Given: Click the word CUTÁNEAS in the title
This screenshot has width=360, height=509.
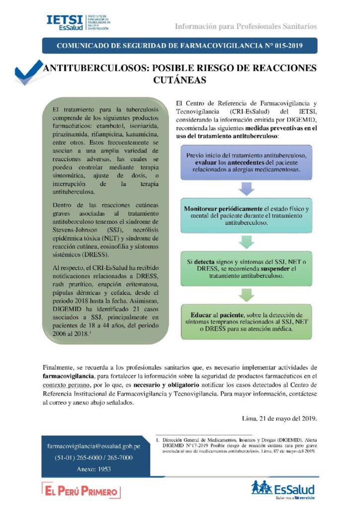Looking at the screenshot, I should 180,80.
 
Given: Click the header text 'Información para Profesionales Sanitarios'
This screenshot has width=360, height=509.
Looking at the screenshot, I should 246,26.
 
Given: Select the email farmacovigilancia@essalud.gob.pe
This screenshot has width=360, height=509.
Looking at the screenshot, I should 94,446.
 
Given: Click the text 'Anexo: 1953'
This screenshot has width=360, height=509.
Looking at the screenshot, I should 94,469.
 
